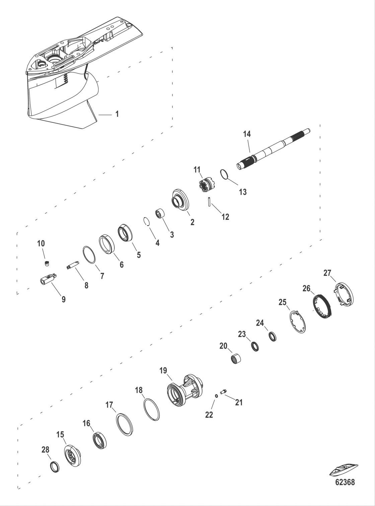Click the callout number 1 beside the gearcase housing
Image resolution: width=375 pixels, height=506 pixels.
tap(117, 114)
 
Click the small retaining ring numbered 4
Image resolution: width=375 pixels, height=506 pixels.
tap(146, 222)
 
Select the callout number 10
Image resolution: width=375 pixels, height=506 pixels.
tap(41, 243)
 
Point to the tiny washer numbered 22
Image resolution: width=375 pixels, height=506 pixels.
tap(217, 396)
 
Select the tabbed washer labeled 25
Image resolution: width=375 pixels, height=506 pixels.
tap(298, 322)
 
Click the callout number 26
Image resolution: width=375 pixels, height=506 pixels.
tap(306, 288)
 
